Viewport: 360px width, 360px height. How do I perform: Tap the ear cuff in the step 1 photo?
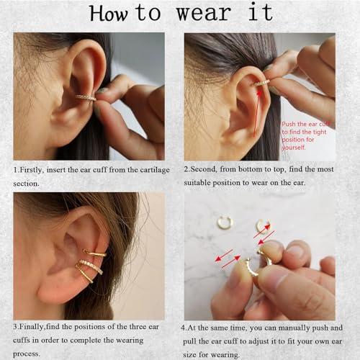pos(86,96)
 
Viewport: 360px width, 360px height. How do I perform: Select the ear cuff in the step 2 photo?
pos(260,84)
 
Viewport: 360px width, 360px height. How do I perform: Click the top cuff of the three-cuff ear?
pos(95,253)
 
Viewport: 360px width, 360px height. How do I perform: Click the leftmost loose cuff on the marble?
pos(225,222)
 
